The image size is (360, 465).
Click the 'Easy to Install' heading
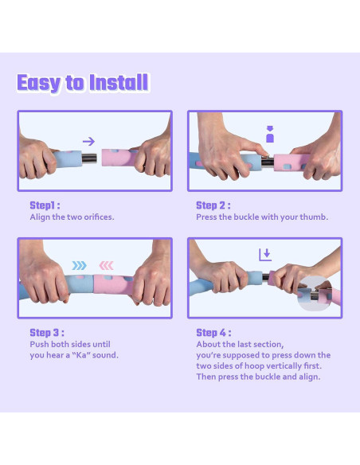pos(83,83)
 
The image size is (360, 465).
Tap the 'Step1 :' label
pos(45,205)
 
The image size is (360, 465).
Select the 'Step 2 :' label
pos(213,205)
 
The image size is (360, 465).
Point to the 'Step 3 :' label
pos(47,333)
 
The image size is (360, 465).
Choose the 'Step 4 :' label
pos(213,333)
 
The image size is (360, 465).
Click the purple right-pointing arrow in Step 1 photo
pos(88,141)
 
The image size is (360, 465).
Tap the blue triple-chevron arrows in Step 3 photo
pos(79,265)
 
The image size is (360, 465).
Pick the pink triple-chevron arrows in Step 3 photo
pos(106,265)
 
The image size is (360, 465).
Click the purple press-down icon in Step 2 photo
pos(270,134)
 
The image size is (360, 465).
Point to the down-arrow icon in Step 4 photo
pos(265,255)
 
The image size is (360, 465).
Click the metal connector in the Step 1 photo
pos(89,158)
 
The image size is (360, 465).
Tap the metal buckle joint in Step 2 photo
pos(268,162)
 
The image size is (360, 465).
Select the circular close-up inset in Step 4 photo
pos(315,294)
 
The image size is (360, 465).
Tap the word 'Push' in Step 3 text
pos(40,344)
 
